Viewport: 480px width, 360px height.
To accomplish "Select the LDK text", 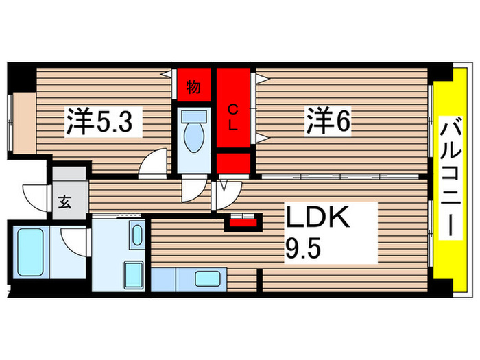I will (x=318, y=221).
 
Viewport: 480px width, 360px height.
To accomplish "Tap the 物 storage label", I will (x=193, y=87).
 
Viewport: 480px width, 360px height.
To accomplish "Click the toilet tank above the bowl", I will (x=195, y=117).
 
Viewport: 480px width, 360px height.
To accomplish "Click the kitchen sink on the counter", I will (x=206, y=278).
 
